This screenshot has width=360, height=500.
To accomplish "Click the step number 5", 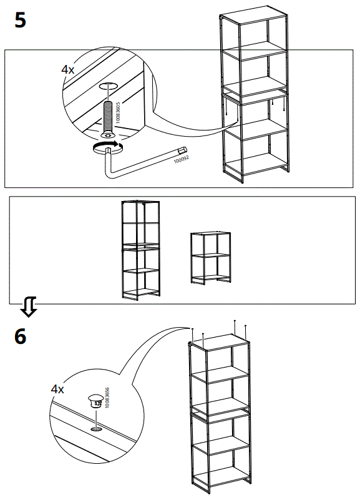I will coord(20,20).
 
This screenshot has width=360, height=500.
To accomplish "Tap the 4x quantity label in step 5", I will coord(67,70).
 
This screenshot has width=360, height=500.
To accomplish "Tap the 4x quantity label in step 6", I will coord(57,389).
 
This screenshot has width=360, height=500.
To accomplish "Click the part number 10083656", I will coord(107,397).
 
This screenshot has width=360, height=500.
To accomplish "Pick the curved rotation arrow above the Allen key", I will coord(106,147).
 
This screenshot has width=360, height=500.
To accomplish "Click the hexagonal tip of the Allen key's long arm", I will coord(183,150).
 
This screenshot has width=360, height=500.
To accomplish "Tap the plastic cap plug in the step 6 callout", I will coord(95,400).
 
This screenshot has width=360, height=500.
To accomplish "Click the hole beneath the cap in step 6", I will coord(95,429).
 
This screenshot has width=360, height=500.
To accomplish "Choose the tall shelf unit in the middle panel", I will coord(141,250).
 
